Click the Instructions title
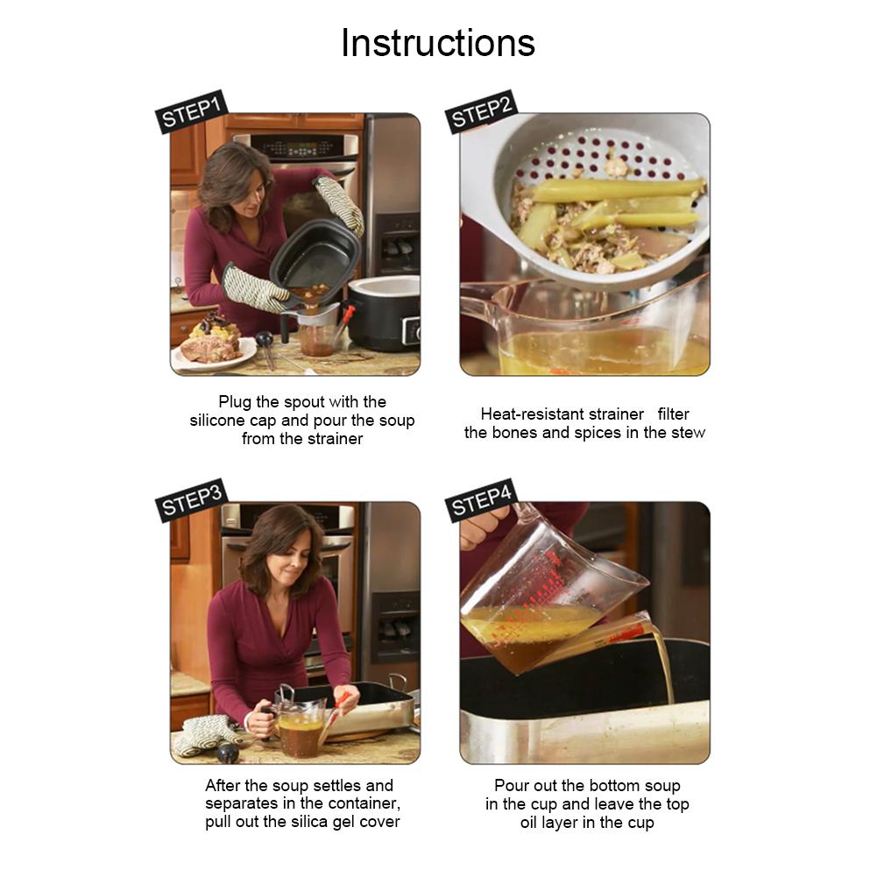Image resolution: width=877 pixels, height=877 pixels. coord(438,43)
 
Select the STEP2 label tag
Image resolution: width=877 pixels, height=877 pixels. coord(481,111)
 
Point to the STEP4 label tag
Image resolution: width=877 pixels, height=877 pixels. coord(481,500)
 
